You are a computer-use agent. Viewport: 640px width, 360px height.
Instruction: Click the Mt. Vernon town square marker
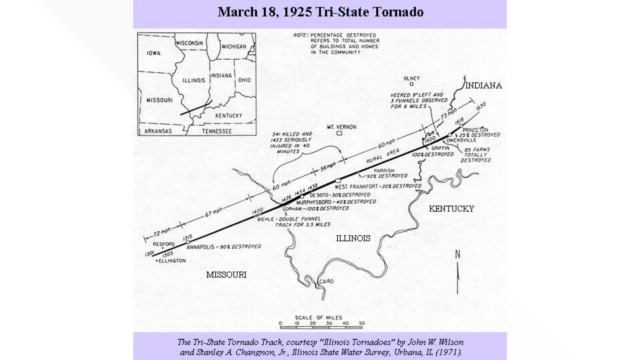339,133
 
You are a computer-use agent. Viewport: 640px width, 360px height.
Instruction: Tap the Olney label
411,78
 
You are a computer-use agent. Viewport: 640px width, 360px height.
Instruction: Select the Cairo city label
326,281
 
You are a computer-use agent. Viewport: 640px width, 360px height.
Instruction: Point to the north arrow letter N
458,254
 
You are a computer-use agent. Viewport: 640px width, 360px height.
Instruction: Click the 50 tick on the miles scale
362,323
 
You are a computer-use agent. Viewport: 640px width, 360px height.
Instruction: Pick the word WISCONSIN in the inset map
189,43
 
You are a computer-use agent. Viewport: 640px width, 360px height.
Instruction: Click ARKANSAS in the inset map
158,131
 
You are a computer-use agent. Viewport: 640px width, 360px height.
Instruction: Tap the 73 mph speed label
449,114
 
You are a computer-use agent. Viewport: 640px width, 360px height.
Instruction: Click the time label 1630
481,106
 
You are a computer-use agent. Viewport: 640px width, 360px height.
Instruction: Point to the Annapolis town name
200,247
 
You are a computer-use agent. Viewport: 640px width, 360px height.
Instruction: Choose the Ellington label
172,261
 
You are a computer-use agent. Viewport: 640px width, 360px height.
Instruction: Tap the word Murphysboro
314,202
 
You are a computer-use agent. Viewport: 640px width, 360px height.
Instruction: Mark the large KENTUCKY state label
451,209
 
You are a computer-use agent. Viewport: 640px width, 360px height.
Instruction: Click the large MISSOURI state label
226,275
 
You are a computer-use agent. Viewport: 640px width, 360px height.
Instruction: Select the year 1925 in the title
297,12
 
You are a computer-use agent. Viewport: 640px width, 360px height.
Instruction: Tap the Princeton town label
475,130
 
